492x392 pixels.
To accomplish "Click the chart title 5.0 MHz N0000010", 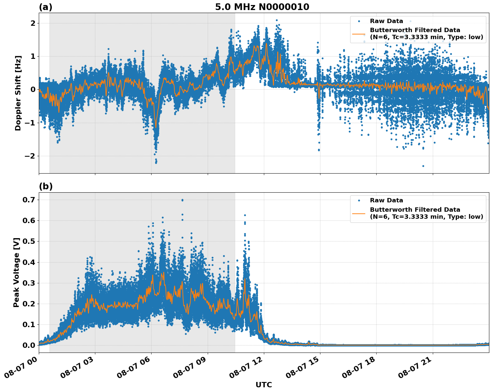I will [262, 7].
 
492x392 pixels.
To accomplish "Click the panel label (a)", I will [45, 7].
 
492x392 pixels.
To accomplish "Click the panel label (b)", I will [45, 186].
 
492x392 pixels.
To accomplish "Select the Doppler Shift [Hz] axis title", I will [18, 93].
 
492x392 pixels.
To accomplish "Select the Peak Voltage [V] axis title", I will [16, 272].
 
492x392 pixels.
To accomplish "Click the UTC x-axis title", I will [264, 385].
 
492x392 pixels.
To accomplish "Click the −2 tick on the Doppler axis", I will [30, 156].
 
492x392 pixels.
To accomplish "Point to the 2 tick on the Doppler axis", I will [33, 23].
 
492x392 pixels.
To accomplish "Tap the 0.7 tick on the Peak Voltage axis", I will [28, 200].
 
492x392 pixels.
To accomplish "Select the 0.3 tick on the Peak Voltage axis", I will [28, 283].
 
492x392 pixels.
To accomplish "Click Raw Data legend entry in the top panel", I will [386, 21].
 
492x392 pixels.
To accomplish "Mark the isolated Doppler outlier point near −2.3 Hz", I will [423, 166].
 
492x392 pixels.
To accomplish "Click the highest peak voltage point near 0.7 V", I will [182, 200].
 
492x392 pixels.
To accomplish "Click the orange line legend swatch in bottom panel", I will [359, 213].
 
